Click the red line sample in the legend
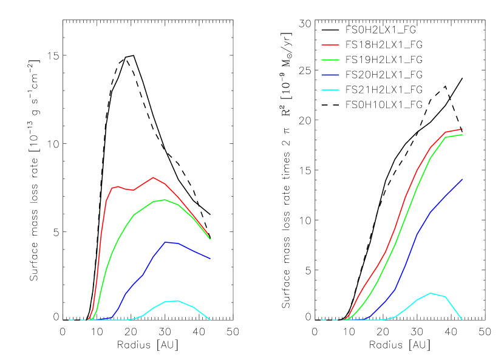330,45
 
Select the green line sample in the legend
330,60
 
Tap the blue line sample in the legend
330,75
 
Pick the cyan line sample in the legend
330,90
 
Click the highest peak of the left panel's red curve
153,177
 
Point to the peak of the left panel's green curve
165,199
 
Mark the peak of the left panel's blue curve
165,242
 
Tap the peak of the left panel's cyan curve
176,301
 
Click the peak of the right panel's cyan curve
431,293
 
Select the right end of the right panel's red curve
462,129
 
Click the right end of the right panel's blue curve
462,179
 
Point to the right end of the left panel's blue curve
210,259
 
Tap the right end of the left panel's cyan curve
210,319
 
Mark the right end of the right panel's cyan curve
462,319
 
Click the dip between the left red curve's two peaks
133,190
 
